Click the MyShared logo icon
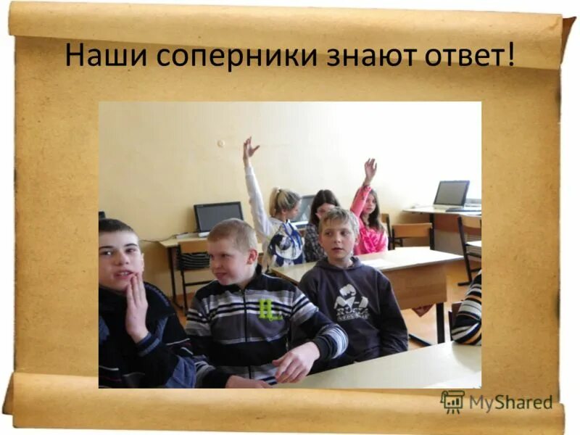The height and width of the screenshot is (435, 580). click(x=452, y=402)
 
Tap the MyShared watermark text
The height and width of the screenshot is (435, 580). click(x=510, y=403)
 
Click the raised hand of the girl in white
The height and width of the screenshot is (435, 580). click(x=249, y=148)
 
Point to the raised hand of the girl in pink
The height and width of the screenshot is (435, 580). click(x=370, y=169)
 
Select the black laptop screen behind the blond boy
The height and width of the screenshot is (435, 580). click(x=217, y=216)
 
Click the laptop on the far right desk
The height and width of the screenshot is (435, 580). click(x=452, y=195)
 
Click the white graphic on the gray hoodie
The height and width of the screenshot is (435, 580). click(x=352, y=300)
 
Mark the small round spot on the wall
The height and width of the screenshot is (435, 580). click(x=220, y=144)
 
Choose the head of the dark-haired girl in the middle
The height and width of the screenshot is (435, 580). click(x=323, y=204)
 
